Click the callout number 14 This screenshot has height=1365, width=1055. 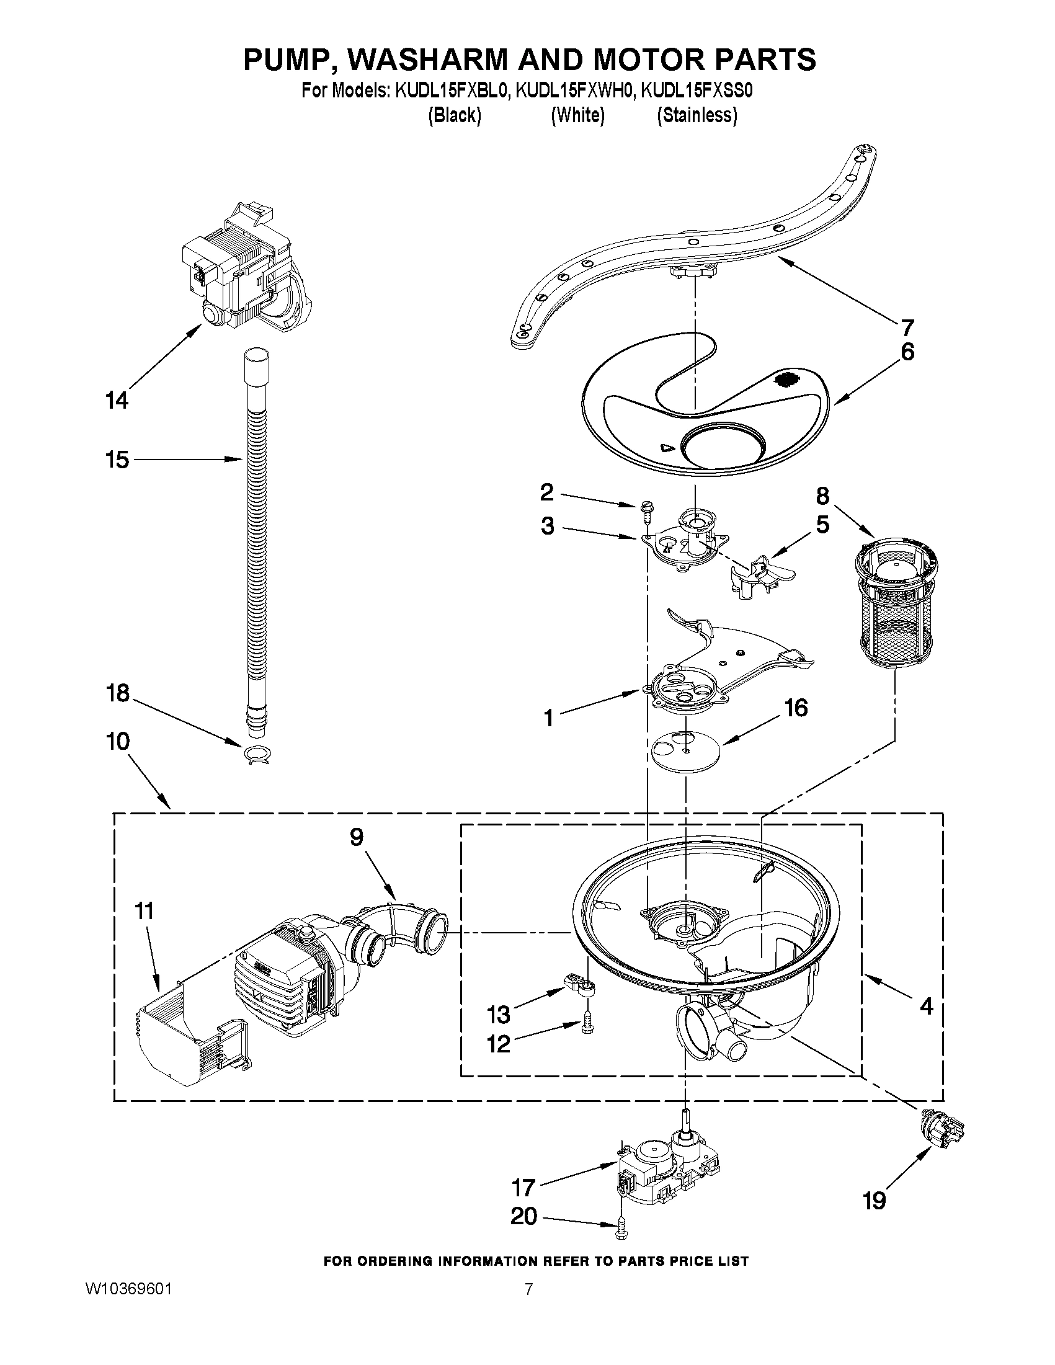(117, 400)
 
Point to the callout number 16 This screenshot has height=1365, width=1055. (796, 708)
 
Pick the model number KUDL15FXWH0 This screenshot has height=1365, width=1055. (576, 91)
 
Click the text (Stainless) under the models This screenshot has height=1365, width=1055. (697, 115)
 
